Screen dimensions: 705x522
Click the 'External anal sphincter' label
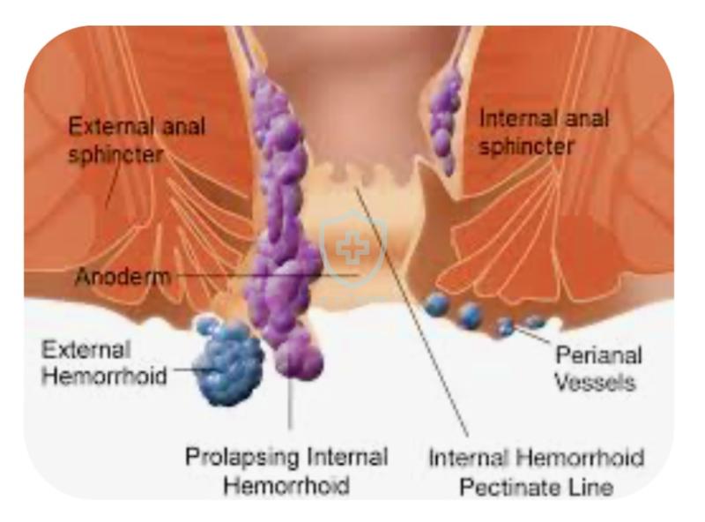tap(137, 140)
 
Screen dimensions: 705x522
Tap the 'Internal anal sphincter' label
tap(544, 132)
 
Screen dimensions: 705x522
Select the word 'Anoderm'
tap(122, 276)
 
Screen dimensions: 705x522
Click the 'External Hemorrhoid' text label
tap(104, 362)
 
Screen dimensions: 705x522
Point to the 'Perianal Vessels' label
tap(598, 369)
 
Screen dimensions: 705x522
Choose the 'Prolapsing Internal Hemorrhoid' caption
tap(286, 471)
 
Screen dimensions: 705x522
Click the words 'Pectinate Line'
tap(536, 488)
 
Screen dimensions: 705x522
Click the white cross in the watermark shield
tap(353, 248)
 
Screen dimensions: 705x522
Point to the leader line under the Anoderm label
tap(265, 274)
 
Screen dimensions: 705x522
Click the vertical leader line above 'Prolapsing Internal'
tap(290, 403)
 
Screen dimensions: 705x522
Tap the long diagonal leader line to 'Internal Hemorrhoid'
tap(412, 311)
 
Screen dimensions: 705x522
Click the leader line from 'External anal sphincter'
tap(114, 184)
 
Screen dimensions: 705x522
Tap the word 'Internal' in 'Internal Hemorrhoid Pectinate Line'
tap(468, 458)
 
